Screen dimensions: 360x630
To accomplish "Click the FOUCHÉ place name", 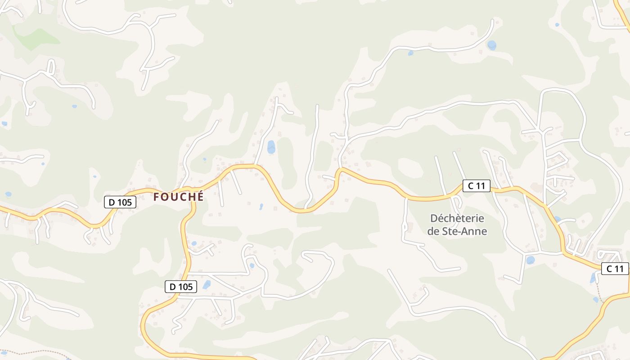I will point(178,197).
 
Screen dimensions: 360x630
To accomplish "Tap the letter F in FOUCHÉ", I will point(156,197).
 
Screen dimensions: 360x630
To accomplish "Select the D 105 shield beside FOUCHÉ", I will point(120,202).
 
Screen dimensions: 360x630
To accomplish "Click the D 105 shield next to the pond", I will point(181,287).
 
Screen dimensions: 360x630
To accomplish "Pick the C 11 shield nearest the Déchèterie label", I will point(476,185).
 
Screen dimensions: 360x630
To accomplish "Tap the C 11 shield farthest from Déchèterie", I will point(615,269).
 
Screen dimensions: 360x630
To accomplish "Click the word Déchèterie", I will point(457,219).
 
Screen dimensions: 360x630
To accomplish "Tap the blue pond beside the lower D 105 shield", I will point(207,284).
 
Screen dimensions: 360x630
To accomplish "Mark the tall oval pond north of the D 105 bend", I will point(271,147).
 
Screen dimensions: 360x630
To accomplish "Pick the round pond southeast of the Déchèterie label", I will point(531,260).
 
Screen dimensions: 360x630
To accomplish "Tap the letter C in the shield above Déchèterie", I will point(471,185).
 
